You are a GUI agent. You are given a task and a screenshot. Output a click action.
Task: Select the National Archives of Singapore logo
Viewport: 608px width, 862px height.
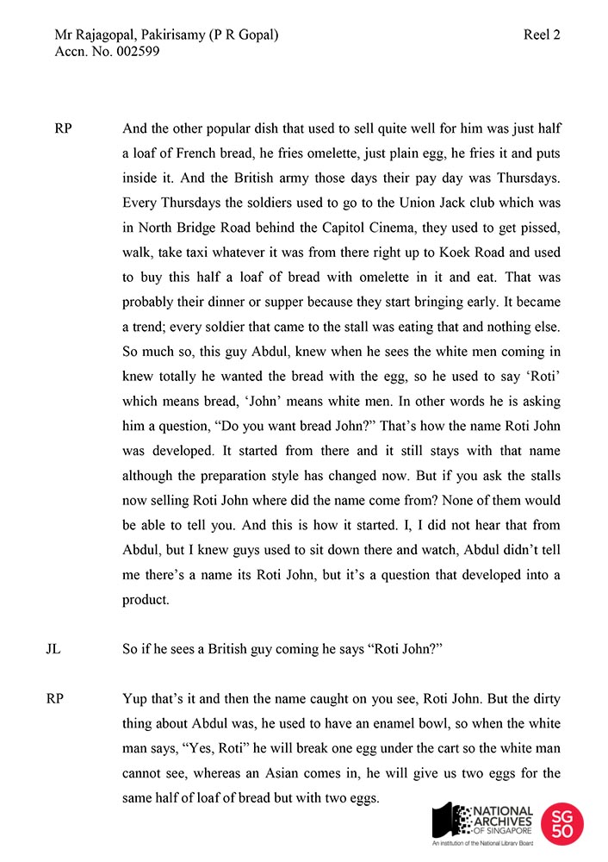[483, 823]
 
